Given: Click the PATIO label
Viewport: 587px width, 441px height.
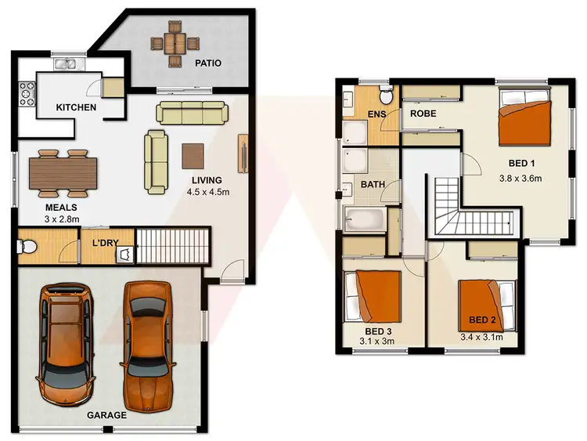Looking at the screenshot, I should (207, 62).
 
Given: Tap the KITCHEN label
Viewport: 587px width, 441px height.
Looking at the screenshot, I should (76, 107).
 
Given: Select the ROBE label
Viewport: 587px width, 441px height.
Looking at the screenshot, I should (423, 114).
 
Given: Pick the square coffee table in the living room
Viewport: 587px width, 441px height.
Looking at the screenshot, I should (193, 154).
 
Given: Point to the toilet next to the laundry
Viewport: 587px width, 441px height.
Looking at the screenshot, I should (26, 248).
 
